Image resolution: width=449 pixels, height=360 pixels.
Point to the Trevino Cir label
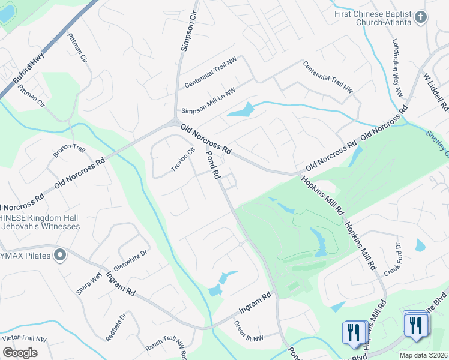tap(183, 160)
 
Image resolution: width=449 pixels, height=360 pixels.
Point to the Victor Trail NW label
tap(25, 338)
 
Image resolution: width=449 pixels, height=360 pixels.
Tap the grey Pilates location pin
tap(59, 256)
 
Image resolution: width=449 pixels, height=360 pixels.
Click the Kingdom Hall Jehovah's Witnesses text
tap(40, 222)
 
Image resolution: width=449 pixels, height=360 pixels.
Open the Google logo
tap(20, 352)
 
